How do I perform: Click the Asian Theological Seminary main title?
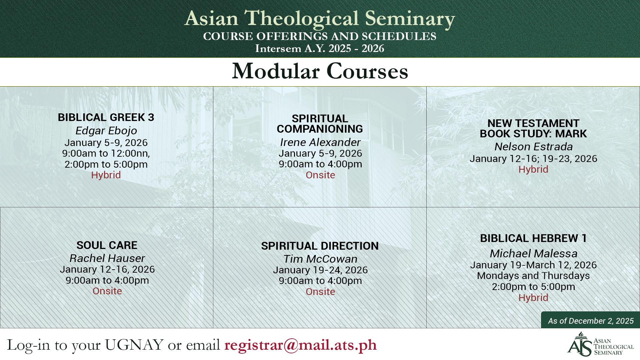tap(320, 18)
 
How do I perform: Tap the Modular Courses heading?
tap(320, 71)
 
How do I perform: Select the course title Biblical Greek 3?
tap(106, 117)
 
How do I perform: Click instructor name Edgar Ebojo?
tap(106, 131)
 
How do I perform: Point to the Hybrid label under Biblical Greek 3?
tap(106, 175)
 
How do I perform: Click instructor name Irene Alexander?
tap(320, 142)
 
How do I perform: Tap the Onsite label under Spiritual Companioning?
tap(320, 175)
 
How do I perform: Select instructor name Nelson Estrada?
tap(533, 147)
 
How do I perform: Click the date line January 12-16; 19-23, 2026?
tap(533, 159)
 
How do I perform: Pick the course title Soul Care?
tap(107, 245)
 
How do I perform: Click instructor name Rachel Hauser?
tap(107, 258)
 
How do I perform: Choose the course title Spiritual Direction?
tap(320, 246)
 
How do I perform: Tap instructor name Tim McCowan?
tap(320, 259)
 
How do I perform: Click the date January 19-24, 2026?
tap(320, 270)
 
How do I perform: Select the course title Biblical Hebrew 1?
tap(533, 238)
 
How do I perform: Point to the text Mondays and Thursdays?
tap(533, 276)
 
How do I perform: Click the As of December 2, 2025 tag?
tap(591, 321)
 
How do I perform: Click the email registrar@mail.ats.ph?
tap(300, 345)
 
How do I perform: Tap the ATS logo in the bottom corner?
tap(600, 344)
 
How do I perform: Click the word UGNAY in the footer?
tap(134, 345)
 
